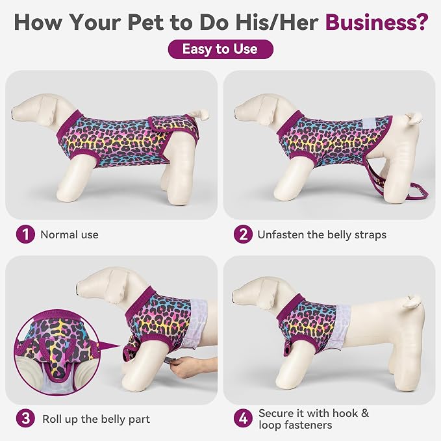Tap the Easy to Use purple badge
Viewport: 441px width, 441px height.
click(x=221, y=49)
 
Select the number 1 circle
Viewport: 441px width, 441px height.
click(x=25, y=234)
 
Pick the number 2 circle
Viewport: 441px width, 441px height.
click(x=243, y=234)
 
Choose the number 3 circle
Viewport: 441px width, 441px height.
click(x=25, y=418)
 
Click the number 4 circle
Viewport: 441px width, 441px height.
click(x=243, y=418)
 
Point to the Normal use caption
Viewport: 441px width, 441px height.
click(x=69, y=234)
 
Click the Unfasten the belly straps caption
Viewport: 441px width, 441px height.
click(x=321, y=235)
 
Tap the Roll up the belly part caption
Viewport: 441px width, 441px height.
click(x=96, y=419)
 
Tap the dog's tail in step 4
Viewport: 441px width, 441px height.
click(x=412, y=300)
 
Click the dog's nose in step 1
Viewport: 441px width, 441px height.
click(x=13, y=112)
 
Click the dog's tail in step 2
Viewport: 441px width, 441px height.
click(x=413, y=118)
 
